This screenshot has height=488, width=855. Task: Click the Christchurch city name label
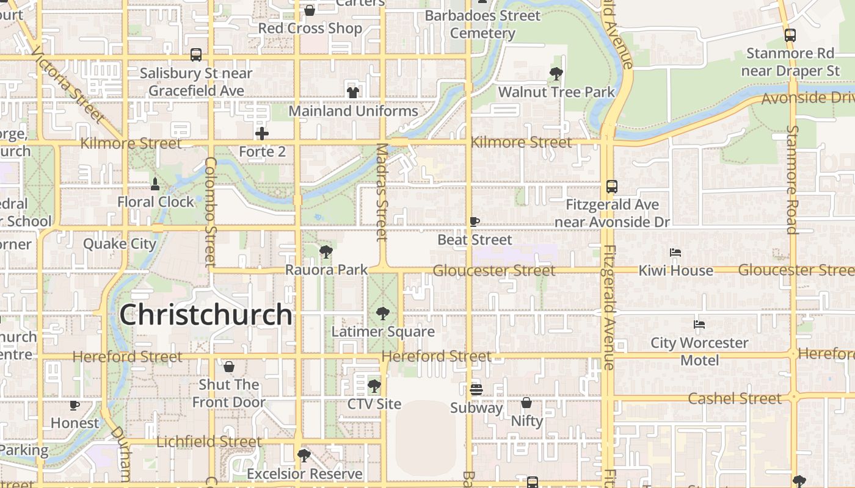point(206,315)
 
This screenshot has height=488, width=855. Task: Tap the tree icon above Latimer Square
point(383,314)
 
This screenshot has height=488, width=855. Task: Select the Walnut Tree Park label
point(556,92)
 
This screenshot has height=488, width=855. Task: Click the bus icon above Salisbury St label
point(196,55)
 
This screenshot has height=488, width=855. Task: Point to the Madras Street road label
point(382,192)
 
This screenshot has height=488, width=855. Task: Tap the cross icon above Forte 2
point(262,134)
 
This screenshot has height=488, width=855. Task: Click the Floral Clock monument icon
point(155,184)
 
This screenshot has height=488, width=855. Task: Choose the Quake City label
point(120,244)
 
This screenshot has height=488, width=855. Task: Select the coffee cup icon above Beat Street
point(475,222)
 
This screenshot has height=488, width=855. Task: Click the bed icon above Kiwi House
point(675,253)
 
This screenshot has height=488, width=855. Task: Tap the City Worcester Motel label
point(699,351)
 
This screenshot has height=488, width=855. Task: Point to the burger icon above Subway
point(476,389)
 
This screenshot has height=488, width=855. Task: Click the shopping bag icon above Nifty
point(526,403)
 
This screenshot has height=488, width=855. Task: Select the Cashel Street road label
point(735,399)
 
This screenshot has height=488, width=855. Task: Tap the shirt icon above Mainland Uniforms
point(353,93)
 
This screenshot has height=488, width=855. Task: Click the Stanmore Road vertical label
point(792,180)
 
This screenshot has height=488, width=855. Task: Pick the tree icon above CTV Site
point(374,386)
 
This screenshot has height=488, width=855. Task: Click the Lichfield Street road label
point(209,442)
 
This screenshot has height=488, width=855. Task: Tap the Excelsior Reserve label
point(304,474)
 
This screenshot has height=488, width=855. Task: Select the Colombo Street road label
point(211,212)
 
